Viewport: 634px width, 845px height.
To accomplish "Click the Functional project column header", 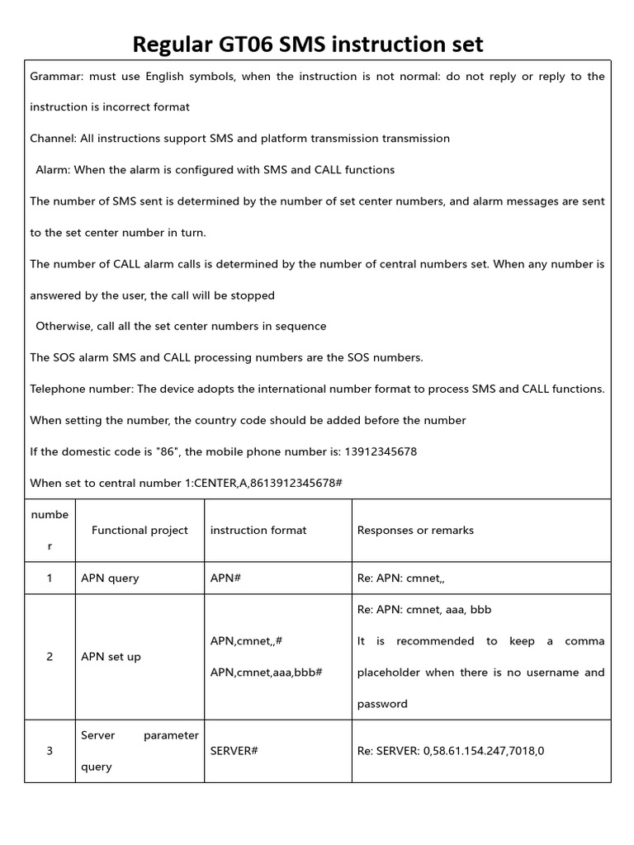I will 140,531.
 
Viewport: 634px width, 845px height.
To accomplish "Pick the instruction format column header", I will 258,531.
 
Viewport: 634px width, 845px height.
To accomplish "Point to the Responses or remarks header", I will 415,531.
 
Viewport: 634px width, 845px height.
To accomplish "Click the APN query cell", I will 110,578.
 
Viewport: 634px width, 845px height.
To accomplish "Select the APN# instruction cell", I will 225,578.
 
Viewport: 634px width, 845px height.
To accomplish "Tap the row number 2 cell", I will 50,657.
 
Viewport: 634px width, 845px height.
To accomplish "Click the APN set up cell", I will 111,657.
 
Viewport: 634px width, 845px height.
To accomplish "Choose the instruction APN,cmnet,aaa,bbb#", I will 266,673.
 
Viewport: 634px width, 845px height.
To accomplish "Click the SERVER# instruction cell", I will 234,751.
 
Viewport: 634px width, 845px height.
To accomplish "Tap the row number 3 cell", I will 50,751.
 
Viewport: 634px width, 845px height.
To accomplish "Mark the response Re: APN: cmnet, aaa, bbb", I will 423,610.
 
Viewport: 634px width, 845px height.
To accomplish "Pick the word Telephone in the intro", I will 55,389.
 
